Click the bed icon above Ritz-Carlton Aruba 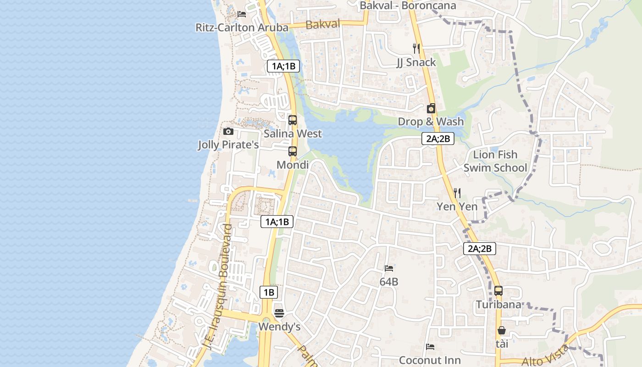[242, 14]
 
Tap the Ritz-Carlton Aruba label [242, 28]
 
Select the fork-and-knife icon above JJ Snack [416, 48]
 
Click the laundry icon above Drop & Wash [431, 108]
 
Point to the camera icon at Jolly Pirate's [228, 132]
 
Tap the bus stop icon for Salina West [293, 120]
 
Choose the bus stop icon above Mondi [293, 151]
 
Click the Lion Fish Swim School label [495, 161]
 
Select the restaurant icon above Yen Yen [457, 193]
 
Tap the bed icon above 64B [389, 268]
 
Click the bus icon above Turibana [498, 291]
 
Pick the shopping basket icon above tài [502, 330]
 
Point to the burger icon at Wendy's [279, 313]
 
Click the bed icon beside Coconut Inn [430, 347]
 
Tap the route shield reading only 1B [269, 292]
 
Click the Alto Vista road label [546, 356]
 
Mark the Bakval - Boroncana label [408, 6]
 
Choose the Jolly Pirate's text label [228, 145]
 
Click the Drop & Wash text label [431, 122]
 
